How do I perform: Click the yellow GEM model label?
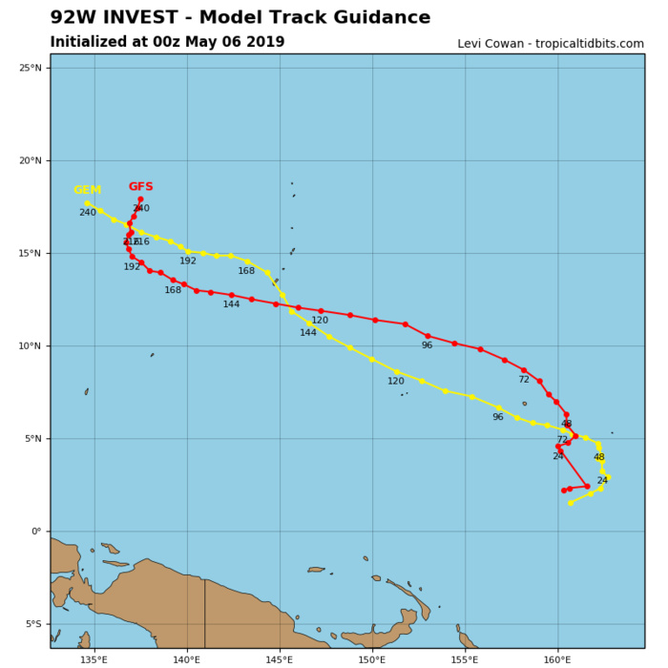tap(87, 190)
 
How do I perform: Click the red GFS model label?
tap(140, 187)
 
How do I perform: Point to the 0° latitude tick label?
tap(35, 532)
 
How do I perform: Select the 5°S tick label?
tap(32, 624)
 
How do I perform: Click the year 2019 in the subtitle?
tap(265, 42)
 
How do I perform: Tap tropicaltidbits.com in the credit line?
tap(590, 44)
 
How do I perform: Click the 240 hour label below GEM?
tap(87, 213)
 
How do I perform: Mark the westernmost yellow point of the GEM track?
tap(87, 203)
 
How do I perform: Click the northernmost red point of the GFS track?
tap(140, 199)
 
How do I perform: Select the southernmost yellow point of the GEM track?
tap(571, 503)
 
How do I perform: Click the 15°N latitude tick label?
tap(31, 253)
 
